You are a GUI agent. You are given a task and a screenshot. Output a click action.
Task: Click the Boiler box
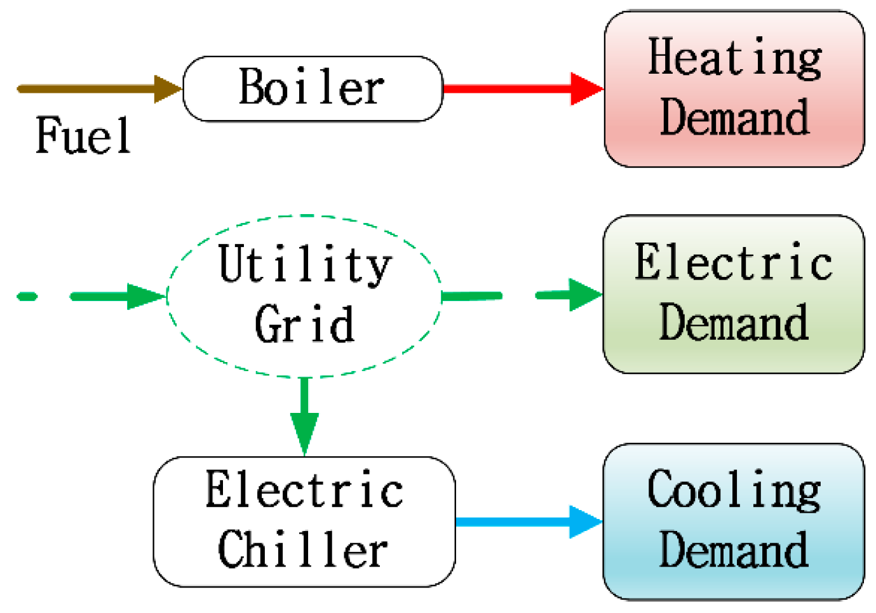click(313, 88)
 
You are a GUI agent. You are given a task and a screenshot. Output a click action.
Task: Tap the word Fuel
click(83, 136)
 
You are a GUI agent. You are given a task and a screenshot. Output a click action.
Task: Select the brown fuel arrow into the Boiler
click(95, 89)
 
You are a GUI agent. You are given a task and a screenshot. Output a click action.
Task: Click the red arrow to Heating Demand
click(508, 88)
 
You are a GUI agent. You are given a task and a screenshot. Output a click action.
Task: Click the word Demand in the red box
click(734, 118)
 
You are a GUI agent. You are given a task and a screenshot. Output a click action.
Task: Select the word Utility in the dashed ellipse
click(305, 264)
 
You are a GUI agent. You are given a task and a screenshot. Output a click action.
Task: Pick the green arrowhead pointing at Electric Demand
click(584, 295)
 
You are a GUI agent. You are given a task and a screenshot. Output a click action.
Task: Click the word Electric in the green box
click(734, 262)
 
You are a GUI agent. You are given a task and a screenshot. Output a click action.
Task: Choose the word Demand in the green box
click(734, 323)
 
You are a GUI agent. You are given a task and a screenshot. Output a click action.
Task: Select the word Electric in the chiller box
click(304, 490)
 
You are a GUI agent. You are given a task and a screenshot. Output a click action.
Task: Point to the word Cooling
click(734, 490)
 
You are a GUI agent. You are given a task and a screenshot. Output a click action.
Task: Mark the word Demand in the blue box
click(734, 549)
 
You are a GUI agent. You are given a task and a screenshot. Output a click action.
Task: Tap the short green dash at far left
click(27, 296)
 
